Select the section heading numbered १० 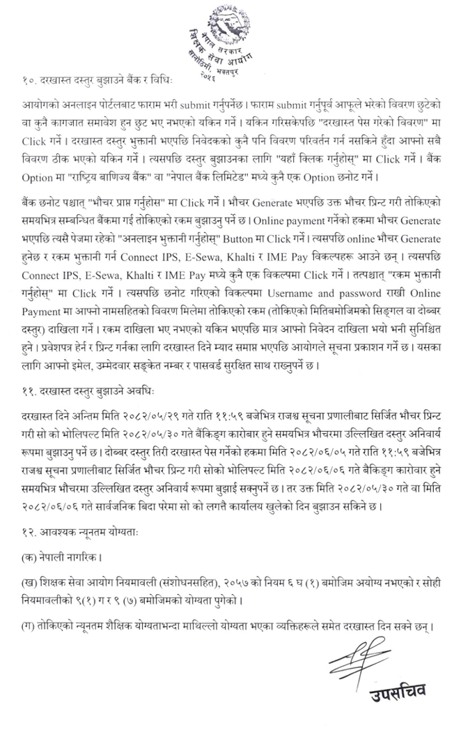coord(93,83)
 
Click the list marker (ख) coord(29,582)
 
